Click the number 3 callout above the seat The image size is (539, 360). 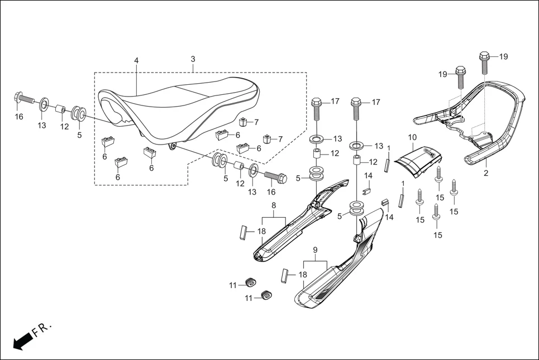193,59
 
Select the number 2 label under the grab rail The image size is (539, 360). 486,173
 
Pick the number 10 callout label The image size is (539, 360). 412,137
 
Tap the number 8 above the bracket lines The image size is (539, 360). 274,205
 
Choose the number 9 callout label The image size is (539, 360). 315,249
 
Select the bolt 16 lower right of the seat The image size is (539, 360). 274,177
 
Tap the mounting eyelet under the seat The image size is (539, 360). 173,146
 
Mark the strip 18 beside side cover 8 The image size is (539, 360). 242,232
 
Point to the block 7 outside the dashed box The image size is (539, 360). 268,138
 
